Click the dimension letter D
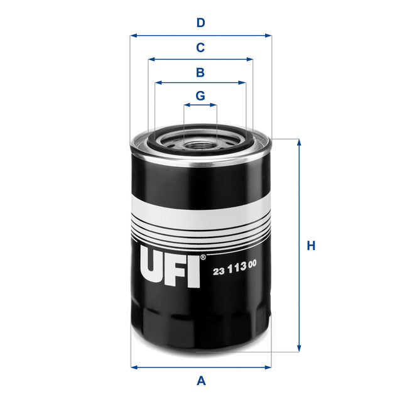(200, 23)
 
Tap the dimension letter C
(200, 48)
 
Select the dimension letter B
(200, 72)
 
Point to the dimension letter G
(200, 96)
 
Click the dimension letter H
(310, 246)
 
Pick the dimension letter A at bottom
(201, 380)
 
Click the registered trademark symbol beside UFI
(202, 258)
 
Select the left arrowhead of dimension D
(133, 36)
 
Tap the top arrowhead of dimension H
(299, 143)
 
